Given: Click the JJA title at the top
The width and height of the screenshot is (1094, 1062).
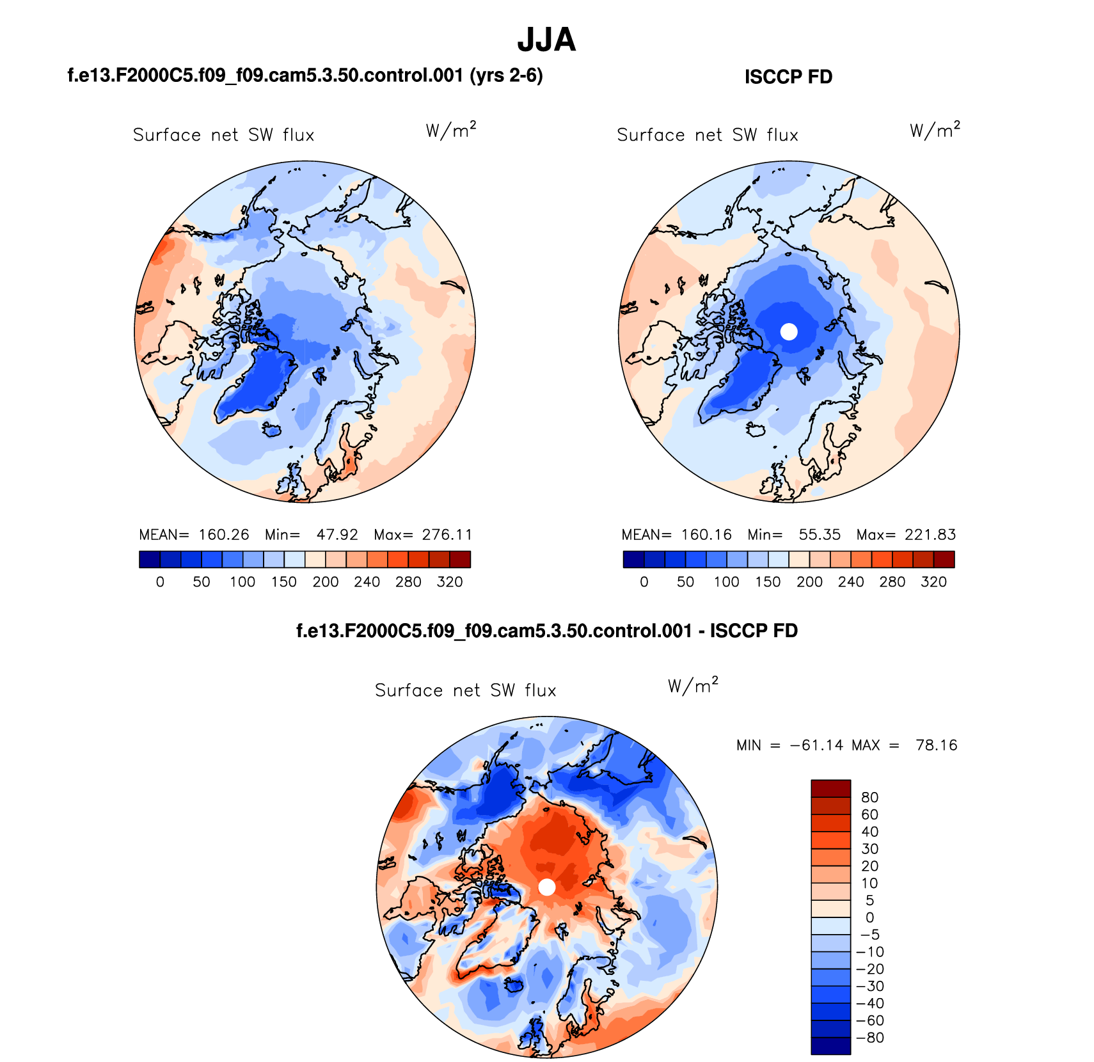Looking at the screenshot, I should coord(546,40).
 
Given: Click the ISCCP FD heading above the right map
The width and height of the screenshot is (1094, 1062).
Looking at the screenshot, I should coord(788,77).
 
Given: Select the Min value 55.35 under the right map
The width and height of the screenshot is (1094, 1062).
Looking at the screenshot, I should coord(820,535).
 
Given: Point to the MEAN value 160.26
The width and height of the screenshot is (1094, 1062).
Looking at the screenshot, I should coord(223,535).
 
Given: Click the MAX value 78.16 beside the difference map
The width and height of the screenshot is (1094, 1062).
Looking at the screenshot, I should coord(936,745).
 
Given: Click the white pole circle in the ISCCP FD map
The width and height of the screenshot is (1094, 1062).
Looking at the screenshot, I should coord(789,331).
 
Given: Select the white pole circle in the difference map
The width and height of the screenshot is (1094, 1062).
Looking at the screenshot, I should coord(546,887).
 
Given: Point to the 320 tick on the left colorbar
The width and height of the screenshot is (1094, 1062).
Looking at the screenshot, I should coord(450,582).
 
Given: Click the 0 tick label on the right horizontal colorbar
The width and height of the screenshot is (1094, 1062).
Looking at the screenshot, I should coord(644,582).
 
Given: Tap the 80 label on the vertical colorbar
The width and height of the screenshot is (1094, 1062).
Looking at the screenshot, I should coord(869,797).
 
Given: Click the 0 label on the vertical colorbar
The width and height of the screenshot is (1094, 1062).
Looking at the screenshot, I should coord(869,917).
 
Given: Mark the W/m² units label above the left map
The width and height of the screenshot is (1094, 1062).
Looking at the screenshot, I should coord(451,131).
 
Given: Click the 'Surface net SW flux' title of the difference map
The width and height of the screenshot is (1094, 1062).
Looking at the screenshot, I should coord(466,690).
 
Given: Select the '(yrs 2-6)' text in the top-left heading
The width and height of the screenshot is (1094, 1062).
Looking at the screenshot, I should coord(506,75).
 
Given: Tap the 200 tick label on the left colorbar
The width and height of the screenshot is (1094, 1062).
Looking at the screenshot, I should coord(326,582).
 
